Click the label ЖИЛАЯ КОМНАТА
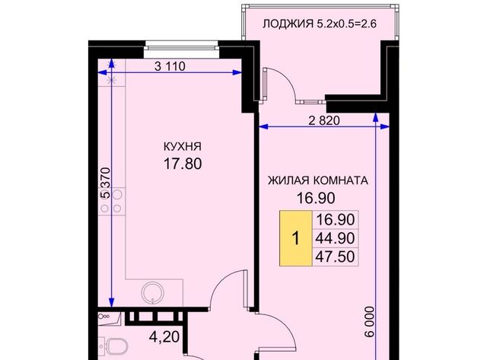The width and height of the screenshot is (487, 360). point(317,181)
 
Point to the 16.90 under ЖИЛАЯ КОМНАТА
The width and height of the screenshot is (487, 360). point(317,199)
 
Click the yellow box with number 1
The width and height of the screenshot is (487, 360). point(295,238)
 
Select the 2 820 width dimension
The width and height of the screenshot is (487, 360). point(323,120)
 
